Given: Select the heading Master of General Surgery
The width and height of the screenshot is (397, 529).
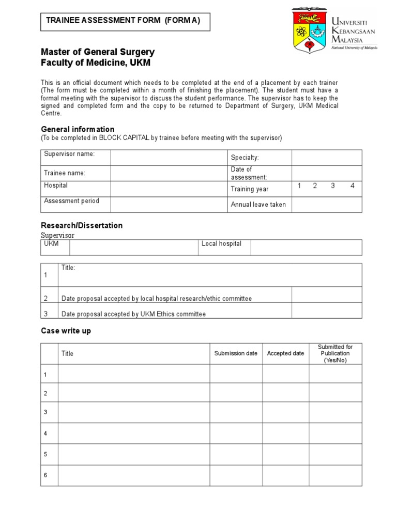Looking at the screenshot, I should click(98, 52).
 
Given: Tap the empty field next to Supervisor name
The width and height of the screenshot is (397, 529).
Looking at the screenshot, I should click(169, 158).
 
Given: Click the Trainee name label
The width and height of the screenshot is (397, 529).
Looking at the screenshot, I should click(65, 173).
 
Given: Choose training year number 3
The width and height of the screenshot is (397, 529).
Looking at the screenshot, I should click(333, 186).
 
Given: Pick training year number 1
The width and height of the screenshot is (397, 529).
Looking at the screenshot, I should click(299, 186).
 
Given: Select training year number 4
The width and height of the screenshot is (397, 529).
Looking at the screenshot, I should click(353, 186).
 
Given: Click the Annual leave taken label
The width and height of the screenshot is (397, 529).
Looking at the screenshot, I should click(258, 205).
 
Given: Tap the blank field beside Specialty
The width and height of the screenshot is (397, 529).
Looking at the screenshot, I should click(327, 158).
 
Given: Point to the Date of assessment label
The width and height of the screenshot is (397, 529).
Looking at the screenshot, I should click(249, 173).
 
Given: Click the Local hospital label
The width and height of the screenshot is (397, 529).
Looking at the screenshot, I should click(221, 244).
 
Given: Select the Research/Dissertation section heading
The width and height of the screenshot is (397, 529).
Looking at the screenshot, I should click(82, 226).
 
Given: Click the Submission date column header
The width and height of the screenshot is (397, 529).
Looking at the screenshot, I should click(236, 353).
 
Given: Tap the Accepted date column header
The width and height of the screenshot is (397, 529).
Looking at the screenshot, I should click(285, 353).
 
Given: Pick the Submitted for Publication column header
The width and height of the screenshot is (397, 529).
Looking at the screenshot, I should click(335, 353).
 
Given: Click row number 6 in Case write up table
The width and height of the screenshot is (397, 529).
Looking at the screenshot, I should click(45, 475).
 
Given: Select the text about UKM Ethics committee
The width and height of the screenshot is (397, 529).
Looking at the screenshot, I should click(133, 314).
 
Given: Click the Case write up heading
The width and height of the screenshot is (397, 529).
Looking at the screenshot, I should click(66, 331).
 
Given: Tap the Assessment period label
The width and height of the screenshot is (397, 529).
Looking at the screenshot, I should click(71, 201).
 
